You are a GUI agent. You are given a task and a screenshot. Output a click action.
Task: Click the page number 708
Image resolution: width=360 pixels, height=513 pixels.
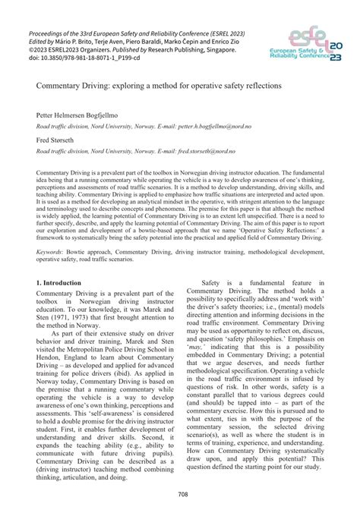click(180, 496)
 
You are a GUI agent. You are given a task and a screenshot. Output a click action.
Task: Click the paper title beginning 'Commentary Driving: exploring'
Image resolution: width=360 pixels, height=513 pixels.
click(149, 87)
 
